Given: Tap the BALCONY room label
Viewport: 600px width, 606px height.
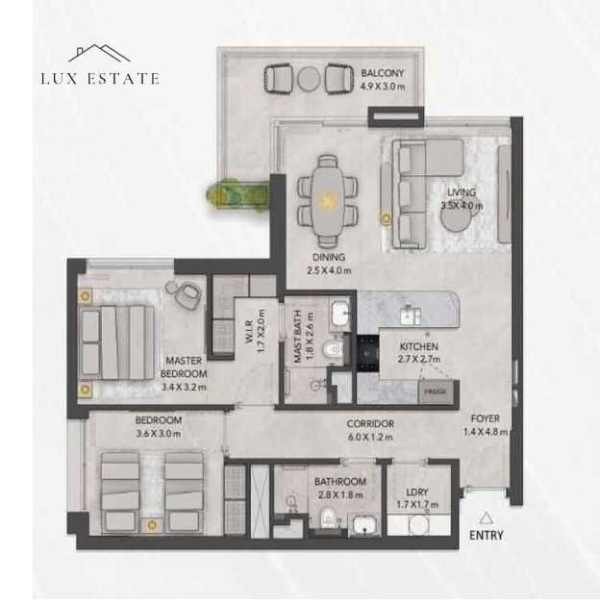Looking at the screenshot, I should (383, 73).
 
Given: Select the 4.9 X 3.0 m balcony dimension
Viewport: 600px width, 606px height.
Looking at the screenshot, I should (383, 86).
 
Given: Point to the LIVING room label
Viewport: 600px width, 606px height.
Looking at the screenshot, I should (461, 192).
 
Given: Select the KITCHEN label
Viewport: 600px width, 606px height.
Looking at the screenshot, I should (419, 346).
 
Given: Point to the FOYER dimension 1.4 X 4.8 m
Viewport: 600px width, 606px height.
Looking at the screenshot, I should (485, 432).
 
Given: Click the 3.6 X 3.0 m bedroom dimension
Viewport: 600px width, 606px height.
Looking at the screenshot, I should (159, 433).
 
